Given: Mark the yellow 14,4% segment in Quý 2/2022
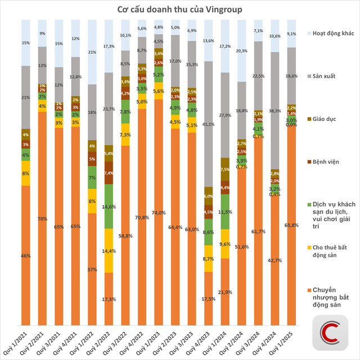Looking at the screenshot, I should [109, 250].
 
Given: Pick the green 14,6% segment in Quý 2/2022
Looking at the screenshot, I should [109, 206].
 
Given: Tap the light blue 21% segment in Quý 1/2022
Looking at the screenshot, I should [92, 52].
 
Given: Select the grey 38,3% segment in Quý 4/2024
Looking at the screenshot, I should [274, 111].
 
